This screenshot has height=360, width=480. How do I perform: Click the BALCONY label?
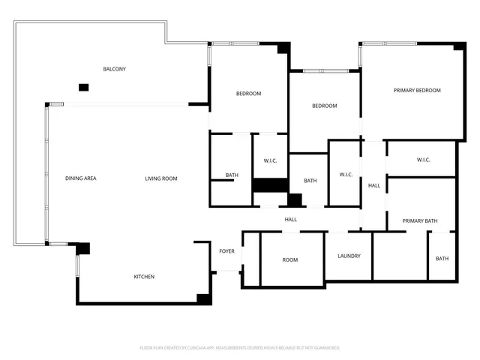coord(114,69)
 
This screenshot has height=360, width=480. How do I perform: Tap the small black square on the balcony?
coord(83,88)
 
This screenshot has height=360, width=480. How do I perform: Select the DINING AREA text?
coord(80,178)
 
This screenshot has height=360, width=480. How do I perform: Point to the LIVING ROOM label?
coord(161,178)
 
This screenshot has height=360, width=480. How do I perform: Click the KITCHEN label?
coord(144,277)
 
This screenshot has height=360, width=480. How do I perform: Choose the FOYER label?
coord(226,251)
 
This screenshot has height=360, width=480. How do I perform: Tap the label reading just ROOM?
coord(290,260)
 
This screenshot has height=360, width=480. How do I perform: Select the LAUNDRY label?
coord(349,256)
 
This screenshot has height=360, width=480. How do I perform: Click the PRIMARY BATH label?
coord(419,220)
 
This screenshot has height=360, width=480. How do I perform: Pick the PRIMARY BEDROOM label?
coord(417,91)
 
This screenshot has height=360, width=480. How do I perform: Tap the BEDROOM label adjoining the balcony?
coord(248,94)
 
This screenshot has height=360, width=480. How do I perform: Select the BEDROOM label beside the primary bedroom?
coord(325,106)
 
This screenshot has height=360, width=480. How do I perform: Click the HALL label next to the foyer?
coord(291,219)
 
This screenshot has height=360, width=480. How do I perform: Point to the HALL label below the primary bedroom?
coord(373,185)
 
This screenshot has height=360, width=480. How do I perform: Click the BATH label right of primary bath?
coord(442,259)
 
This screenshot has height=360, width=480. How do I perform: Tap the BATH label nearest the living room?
coord(232,175)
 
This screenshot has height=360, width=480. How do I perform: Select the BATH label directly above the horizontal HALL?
coord(310,181)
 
